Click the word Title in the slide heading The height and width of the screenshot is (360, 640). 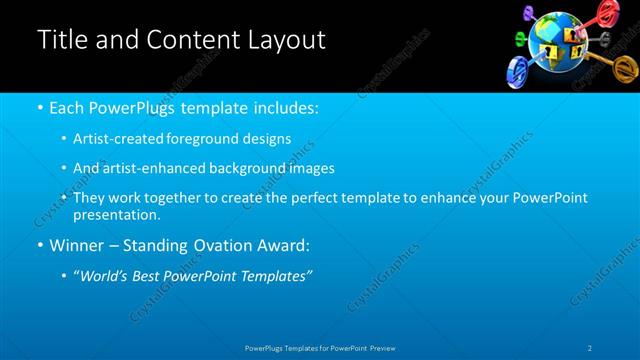pyautogui.click(x=62, y=40)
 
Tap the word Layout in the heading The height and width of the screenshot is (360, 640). pyautogui.click(x=285, y=40)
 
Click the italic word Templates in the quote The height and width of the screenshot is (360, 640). pyautogui.click(x=277, y=275)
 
